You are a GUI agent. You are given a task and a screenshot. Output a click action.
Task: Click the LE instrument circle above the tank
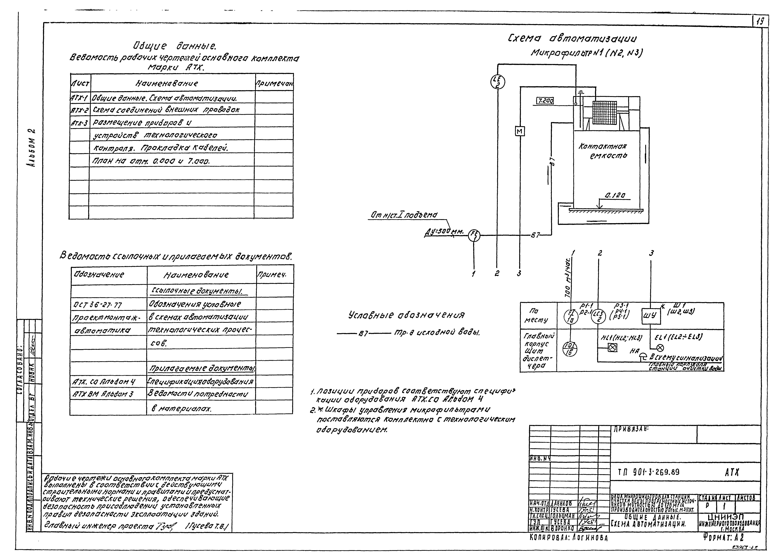498,82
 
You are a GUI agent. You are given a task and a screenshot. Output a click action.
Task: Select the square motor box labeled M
520,131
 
